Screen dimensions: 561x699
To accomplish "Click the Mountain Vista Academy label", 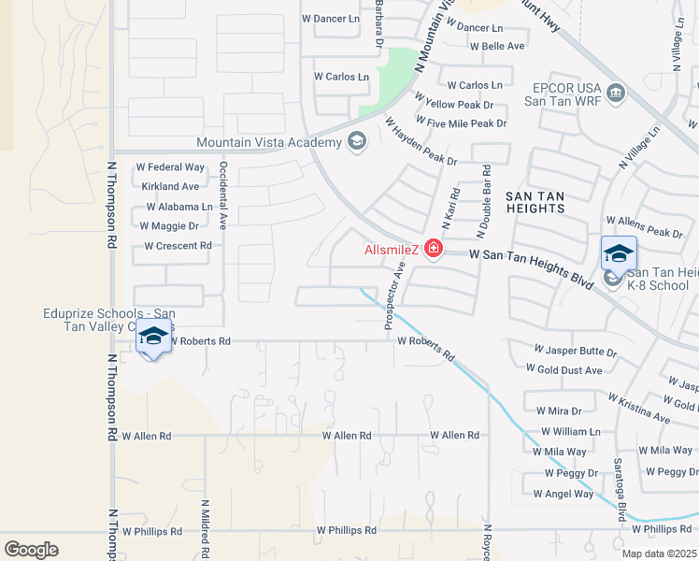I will point(269,142).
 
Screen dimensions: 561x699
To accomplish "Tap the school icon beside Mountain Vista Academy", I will point(356,142).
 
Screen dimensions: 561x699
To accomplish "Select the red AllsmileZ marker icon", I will point(433,249).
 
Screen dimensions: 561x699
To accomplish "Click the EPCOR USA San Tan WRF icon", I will point(615,93).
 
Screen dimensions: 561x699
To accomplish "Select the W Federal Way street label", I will point(170,167).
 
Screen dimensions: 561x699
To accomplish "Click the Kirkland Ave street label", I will point(165,187).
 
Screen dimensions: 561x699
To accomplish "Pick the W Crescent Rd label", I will point(178,246).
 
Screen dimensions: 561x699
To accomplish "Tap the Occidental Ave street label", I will point(223,195).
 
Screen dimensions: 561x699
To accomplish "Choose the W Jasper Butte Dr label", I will point(575,352).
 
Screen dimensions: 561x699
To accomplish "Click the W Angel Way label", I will point(563,494).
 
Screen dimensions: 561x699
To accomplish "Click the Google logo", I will point(31,550).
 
